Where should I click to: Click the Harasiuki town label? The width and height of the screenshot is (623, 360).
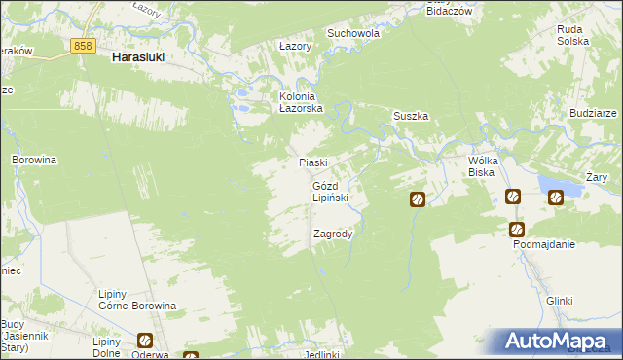click(137, 57)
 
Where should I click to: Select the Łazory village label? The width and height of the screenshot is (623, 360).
click(294, 46)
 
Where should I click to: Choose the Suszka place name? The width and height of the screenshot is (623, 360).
click(411, 116)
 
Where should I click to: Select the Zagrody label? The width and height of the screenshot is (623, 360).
click(333, 234)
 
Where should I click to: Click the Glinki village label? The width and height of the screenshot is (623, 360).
click(559, 301)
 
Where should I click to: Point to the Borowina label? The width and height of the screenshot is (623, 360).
click(33, 159)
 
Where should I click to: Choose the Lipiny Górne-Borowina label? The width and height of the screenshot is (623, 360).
click(136, 299)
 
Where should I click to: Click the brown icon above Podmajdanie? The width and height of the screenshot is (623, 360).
click(517, 230)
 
